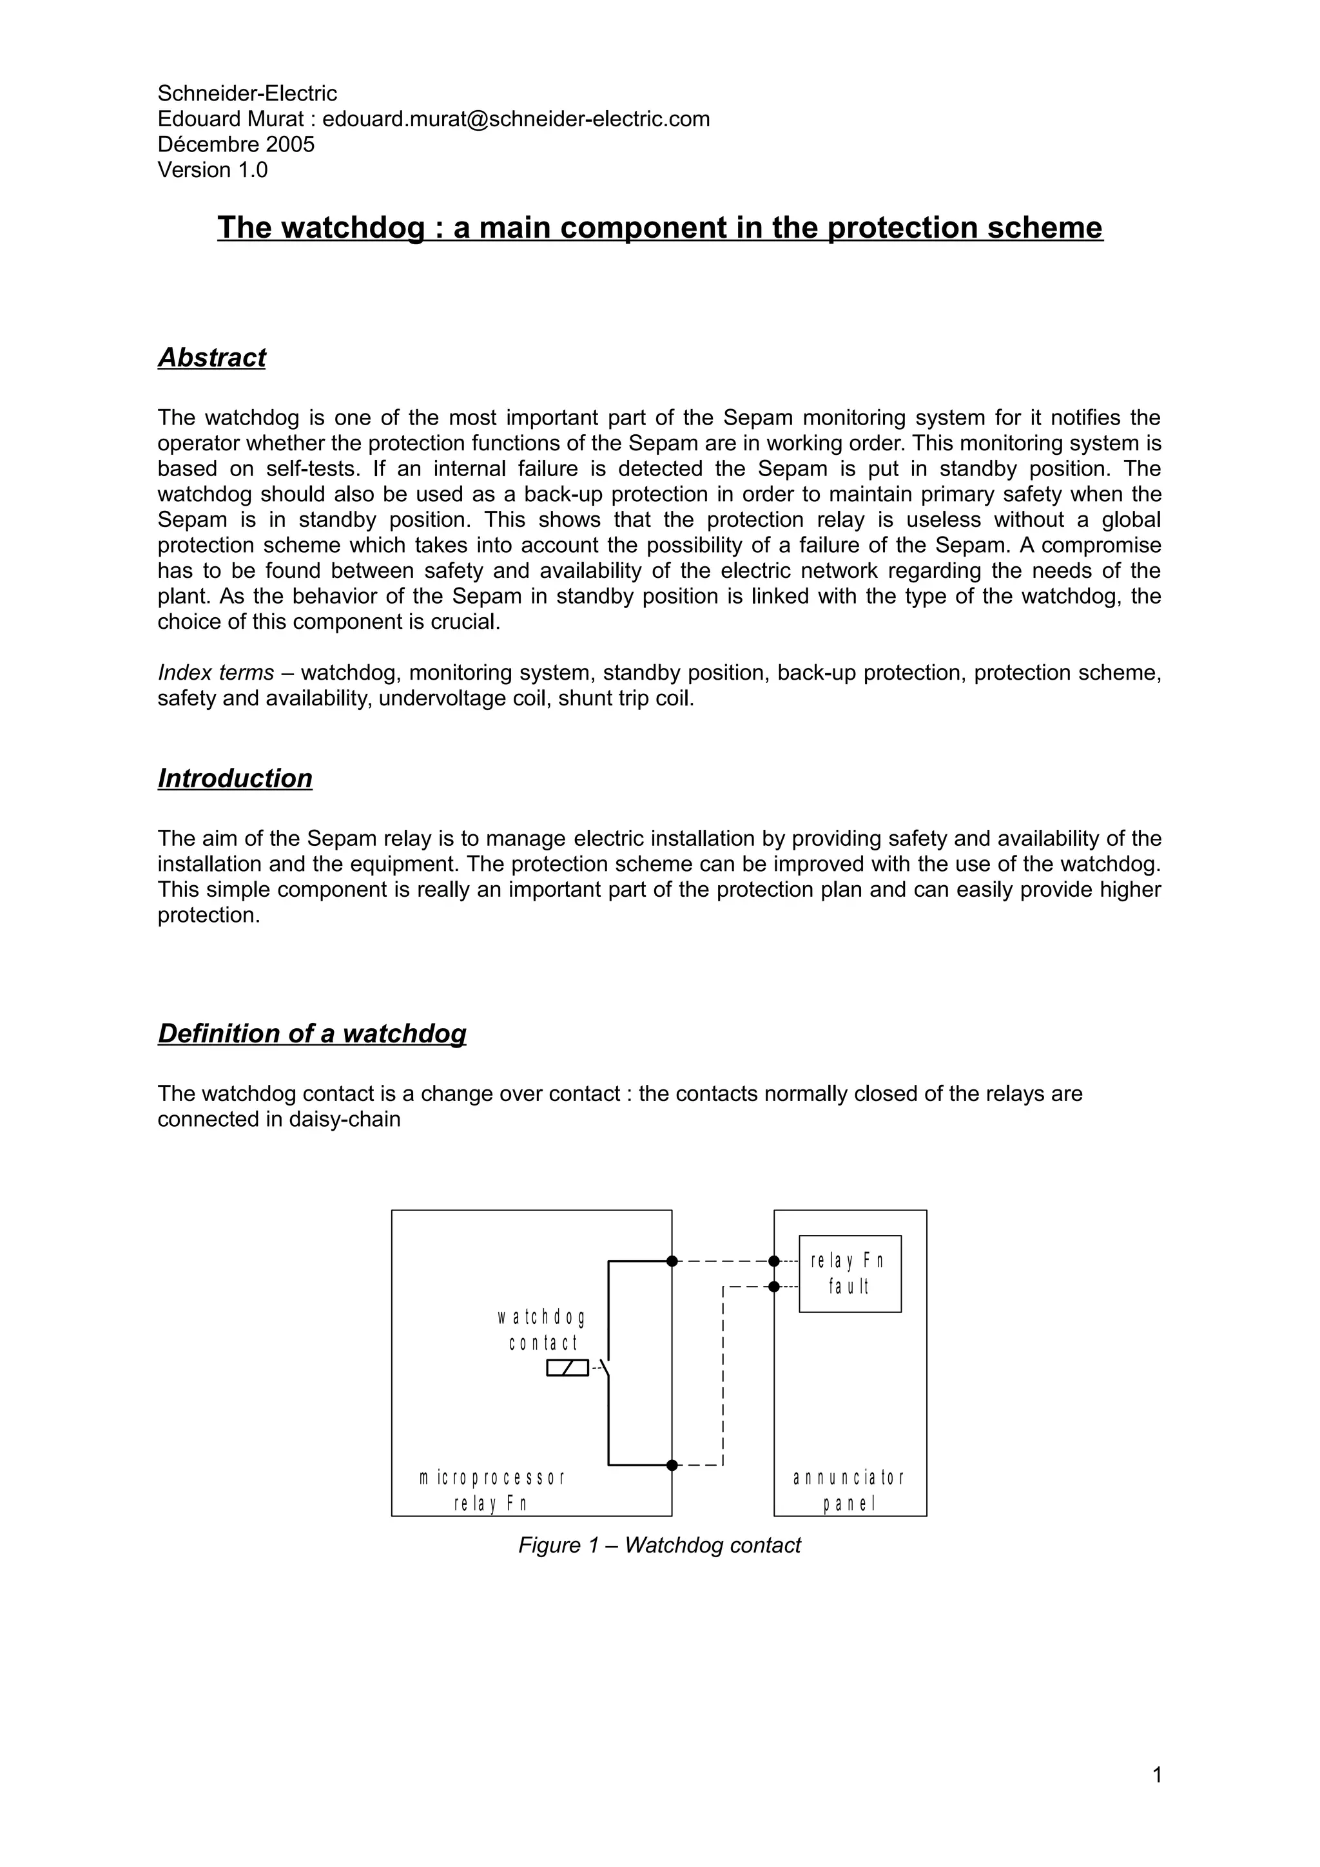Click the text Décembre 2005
click(236, 145)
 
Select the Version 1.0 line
click(212, 170)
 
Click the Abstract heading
click(211, 358)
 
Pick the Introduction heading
click(235, 778)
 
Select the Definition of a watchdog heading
click(311, 1033)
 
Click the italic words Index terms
click(215, 673)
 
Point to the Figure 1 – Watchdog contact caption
click(659, 1545)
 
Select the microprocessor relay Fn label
click(491, 1489)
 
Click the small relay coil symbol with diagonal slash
click(567, 1368)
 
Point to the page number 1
click(1156, 1774)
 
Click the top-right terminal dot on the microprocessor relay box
click(672, 1261)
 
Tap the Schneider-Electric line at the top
click(247, 93)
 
